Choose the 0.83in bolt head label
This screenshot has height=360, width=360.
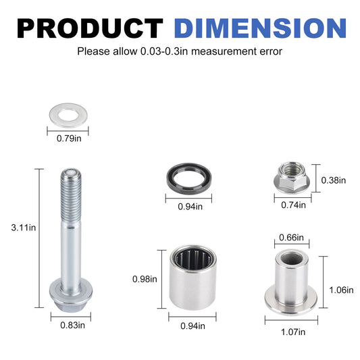(x=69, y=326)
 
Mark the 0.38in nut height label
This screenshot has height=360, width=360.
(x=333, y=180)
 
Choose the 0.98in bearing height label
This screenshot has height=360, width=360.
(x=144, y=278)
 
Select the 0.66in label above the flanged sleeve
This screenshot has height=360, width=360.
(x=291, y=237)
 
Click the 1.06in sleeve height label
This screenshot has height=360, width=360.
(x=340, y=290)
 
